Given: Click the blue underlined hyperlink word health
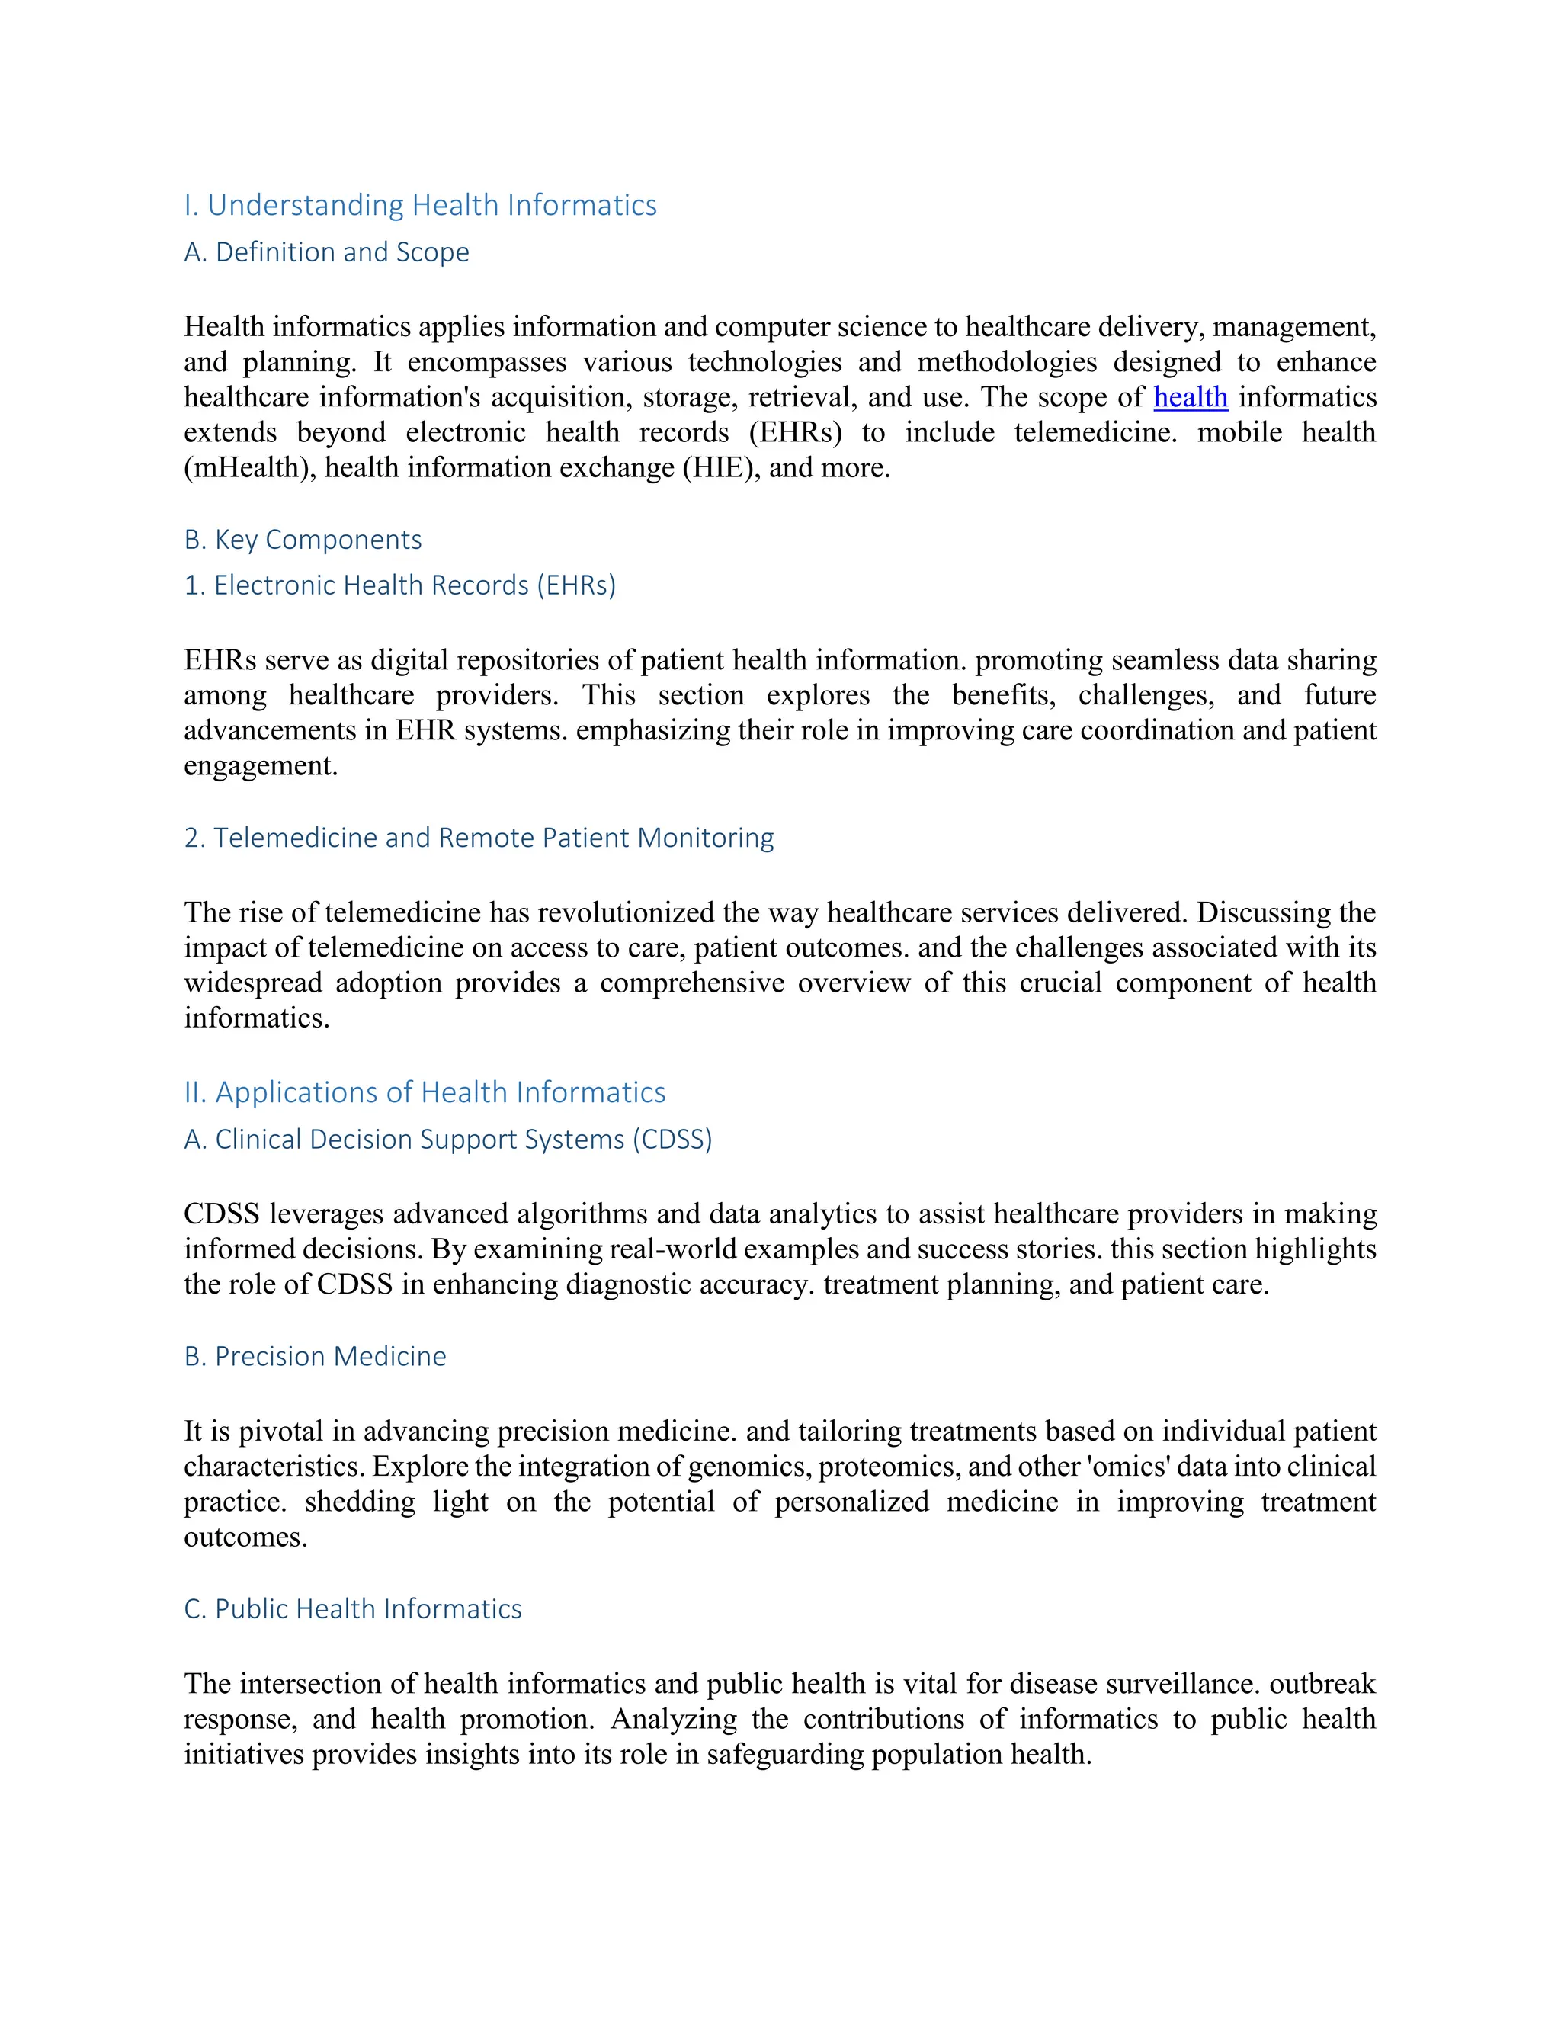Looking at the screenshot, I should [1190, 398].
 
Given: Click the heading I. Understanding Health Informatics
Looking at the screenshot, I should [420, 205].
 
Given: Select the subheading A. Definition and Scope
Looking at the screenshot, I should [326, 252].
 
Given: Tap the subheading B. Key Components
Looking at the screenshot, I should [303, 540].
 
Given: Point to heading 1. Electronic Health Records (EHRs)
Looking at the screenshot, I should [399, 585].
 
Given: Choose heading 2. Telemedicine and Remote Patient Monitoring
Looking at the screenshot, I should [478, 838].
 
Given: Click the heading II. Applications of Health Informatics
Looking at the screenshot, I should [425, 1092].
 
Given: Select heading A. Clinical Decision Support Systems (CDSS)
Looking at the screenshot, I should [447, 1140].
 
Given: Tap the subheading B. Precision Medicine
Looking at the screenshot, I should [315, 1357].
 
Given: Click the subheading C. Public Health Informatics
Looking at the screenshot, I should [352, 1609].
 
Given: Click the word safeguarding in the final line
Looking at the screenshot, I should [785, 1755].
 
